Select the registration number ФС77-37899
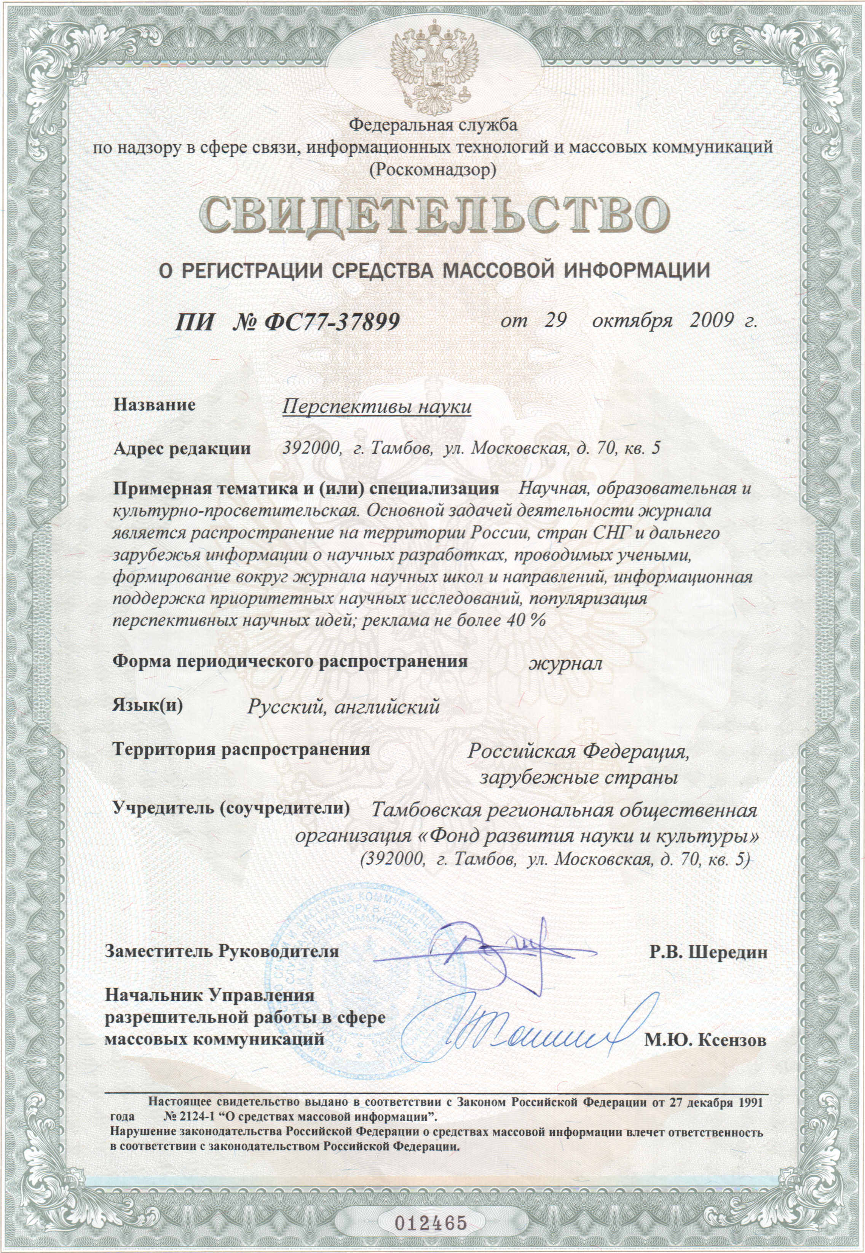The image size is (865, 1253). point(332,322)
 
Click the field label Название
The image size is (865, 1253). point(155,405)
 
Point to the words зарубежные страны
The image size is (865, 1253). point(579,778)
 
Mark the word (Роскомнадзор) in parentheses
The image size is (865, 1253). point(432,170)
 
